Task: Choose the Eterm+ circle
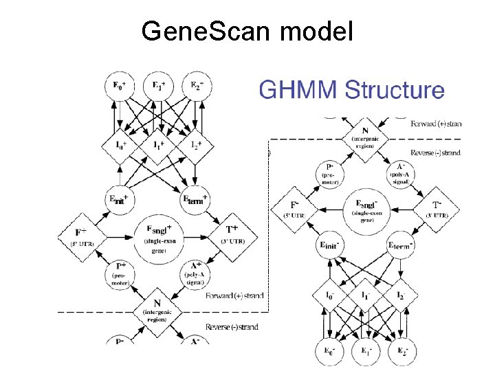(x=196, y=199)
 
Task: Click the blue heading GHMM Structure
(x=351, y=90)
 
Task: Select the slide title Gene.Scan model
(x=247, y=31)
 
